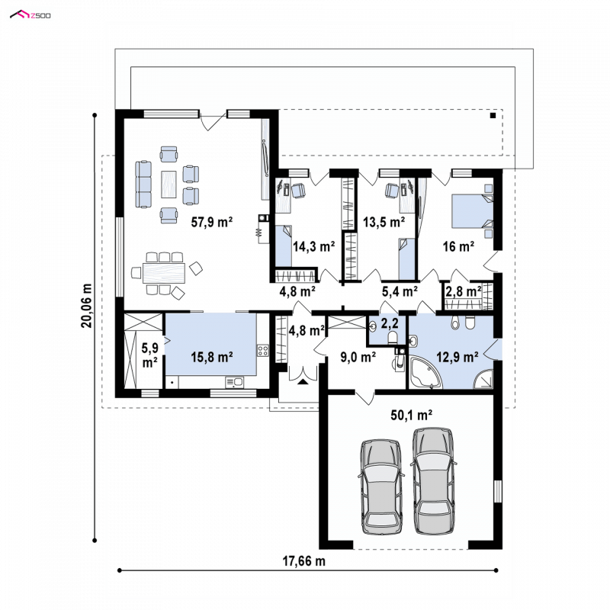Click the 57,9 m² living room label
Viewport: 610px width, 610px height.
coord(212,222)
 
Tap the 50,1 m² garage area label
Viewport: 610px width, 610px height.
coord(411,415)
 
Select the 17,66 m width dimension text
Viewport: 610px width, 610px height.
coord(303,561)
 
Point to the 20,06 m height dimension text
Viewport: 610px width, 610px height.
coord(86,306)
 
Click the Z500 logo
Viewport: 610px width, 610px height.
coord(30,15)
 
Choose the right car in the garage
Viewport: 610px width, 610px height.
coord(433,481)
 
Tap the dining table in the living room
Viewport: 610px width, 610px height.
coord(164,273)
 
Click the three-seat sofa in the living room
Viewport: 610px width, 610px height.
coord(143,184)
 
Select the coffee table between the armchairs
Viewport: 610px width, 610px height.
coord(169,185)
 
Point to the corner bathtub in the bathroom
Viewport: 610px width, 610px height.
coord(425,373)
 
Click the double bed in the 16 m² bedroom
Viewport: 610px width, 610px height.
coord(472,211)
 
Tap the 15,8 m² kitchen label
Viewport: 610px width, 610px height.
coord(212,357)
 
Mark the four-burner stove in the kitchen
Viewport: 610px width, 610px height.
coord(263,351)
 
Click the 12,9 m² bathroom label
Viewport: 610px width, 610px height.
coord(457,357)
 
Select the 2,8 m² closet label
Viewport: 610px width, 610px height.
coord(464,291)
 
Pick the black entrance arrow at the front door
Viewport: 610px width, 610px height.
coord(303,382)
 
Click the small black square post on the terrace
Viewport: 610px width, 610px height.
coord(493,116)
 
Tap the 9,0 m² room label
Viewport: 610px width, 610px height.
coord(358,357)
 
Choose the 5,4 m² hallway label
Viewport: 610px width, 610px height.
coord(400,291)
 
